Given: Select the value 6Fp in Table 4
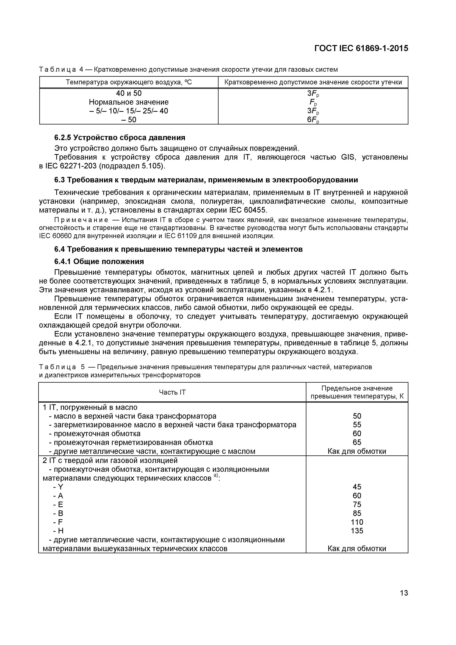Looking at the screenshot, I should pos(313,120).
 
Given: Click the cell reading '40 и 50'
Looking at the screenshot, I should pos(129,93).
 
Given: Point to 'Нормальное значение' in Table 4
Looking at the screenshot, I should pos(129,102).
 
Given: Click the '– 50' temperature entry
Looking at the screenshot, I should pos(129,120).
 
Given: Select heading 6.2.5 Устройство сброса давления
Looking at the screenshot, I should pos(120,138).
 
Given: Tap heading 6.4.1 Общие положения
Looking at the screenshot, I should pos(99,261).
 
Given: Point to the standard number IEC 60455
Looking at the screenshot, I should pos(248,210).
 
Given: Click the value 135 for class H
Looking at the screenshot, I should pos(357,531).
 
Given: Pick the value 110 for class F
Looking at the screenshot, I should pos(357,522).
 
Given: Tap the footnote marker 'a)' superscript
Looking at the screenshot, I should pos(215,475).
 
